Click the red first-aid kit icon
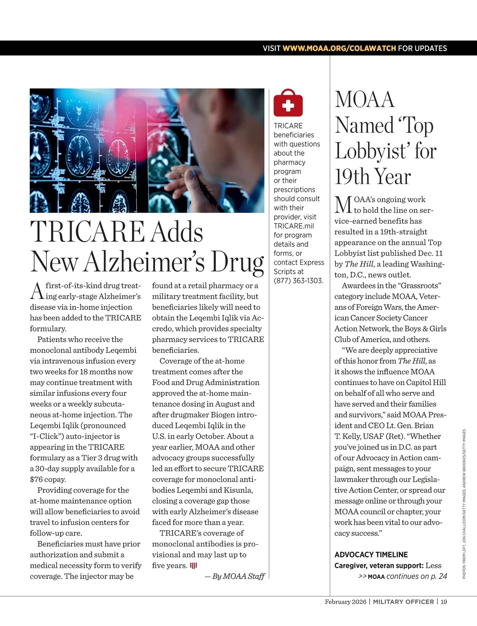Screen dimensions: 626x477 [288, 103]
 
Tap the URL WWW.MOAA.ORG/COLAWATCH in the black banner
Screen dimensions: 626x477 [339, 48]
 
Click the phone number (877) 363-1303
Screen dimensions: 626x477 [298, 281]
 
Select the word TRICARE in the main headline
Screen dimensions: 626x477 [88, 232]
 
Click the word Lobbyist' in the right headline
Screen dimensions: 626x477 [372, 151]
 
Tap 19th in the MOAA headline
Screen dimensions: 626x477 [352, 177]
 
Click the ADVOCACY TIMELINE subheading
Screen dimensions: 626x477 [371, 554]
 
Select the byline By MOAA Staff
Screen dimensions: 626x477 [235, 576]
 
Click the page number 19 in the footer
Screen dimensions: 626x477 [444, 602]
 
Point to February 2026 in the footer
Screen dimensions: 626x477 [345, 602]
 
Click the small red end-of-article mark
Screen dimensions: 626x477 [194, 566]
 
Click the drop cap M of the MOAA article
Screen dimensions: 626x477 [343, 205]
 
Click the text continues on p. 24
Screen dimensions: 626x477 [417, 576]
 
